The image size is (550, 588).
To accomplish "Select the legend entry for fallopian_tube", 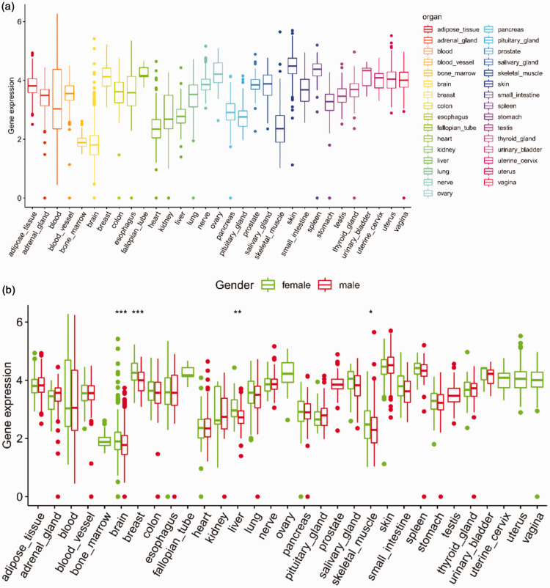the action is (450, 128).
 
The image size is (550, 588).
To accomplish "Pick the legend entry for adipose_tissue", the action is (451, 29).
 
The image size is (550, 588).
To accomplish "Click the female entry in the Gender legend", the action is (286, 285).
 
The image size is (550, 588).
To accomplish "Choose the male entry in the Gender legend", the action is (339, 285).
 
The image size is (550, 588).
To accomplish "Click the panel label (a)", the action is (8, 7).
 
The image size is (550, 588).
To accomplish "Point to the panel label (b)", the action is (8, 290).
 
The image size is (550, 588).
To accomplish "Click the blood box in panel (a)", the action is (57, 99).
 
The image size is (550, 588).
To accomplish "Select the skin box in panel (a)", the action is (292, 68).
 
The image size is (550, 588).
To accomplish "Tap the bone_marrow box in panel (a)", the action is (82, 142).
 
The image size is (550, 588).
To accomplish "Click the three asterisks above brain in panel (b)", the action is (121, 312).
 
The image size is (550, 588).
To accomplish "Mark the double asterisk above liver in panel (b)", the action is (238, 312).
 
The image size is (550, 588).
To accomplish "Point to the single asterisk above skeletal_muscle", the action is (370, 312).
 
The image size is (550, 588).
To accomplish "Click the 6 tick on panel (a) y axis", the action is (20, 22).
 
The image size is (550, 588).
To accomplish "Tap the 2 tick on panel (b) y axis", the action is (19, 438).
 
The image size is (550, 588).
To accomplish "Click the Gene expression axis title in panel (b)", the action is (7, 405).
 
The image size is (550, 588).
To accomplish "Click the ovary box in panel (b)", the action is (287, 372).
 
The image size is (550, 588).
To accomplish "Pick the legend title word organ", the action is (432, 18).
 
